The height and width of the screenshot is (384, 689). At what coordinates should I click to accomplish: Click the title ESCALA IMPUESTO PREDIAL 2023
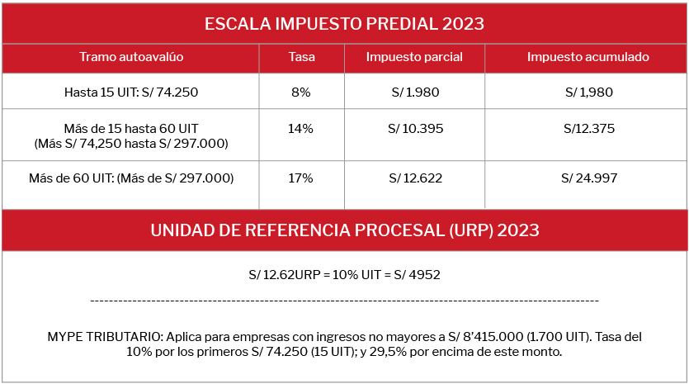pos(345,23)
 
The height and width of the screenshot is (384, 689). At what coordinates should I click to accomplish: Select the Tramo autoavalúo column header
pos(131,57)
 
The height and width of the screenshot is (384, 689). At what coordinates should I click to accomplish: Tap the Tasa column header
pos(300,57)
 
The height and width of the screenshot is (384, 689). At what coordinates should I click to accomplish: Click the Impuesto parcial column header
pos(413,57)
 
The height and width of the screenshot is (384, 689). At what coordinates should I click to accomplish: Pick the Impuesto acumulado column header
pos(588,57)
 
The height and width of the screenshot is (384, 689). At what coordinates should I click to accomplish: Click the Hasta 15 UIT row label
pos(131,92)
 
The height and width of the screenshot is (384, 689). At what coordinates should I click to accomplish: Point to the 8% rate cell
pos(300,92)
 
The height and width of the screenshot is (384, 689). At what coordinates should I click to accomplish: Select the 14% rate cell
pos(300,129)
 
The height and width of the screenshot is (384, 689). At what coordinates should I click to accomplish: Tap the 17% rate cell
pos(300,178)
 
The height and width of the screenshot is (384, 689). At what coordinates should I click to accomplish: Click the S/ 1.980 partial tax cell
pos(413,92)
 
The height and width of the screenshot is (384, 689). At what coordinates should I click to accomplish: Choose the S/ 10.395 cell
pos(413,129)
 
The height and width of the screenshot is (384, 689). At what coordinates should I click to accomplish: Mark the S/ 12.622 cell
pos(413,178)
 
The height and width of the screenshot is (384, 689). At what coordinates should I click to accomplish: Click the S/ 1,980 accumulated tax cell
pos(588,92)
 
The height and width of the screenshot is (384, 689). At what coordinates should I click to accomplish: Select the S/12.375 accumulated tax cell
pos(588,129)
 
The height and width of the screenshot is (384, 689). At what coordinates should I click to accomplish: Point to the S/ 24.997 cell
pos(588,178)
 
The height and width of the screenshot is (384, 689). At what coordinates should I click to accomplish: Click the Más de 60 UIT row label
pos(131,178)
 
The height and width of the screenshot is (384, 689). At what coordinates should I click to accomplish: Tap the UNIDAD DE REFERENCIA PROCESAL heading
pos(345,230)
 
